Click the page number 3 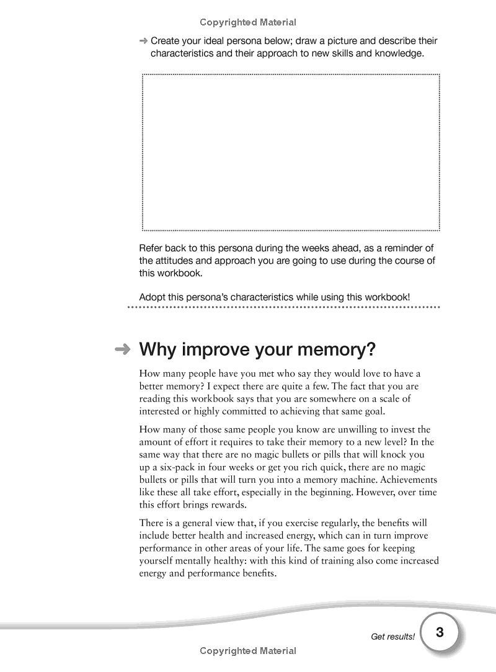tap(440, 633)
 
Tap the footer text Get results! tap(392, 637)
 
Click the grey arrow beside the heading tap(123, 349)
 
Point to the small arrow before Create tap(143, 41)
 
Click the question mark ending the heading tap(370, 349)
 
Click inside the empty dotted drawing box tap(291, 152)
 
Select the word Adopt tap(152, 297)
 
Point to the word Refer tap(151, 248)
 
